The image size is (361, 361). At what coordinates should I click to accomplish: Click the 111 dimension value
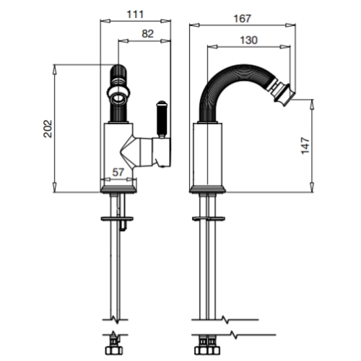pyautogui.click(x=135, y=14)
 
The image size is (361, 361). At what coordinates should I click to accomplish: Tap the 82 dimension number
pyautogui.click(x=147, y=34)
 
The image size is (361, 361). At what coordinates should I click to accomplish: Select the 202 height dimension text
pyautogui.click(x=48, y=129)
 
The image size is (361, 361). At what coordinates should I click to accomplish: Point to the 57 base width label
pyautogui.click(x=118, y=173)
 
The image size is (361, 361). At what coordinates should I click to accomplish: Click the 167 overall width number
pyautogui.click(x=243, y=19)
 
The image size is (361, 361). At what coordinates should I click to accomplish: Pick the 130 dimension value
pyautogui.click(x=248, y=40)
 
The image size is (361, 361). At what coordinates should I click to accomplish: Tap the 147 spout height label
pyautogui.click(x=305, y=146)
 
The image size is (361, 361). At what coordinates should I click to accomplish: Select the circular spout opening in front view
pyautogui.click(x=118, y=98)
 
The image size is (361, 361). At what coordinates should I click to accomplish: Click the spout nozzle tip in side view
pyautogui.click(x=283, y=92)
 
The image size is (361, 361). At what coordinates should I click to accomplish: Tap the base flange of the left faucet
pyautogui.click(x=118, y=189)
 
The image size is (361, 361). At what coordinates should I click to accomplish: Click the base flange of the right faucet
pyautogui.click(x=208, y=189)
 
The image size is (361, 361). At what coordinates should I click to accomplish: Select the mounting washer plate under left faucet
pyautogui.click(x=117, y=219)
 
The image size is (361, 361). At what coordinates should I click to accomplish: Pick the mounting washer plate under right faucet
pyautogui.click(x=209, y=219)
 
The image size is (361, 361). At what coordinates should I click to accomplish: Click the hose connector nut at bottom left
pyautogui.click(x=114, y=349)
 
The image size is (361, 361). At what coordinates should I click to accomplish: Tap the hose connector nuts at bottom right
pyautogui.click(x=208, y=349)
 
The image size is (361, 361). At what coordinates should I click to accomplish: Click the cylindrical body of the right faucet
pyautogui.click(x=208, y=155)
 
